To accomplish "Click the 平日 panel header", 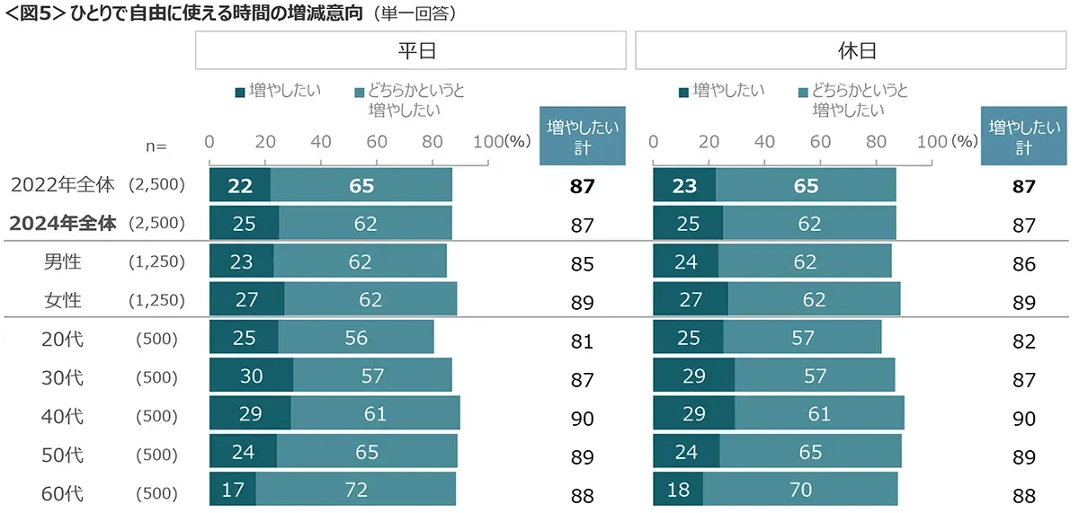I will pos(410,51).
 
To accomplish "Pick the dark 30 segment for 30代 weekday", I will pos(251,376).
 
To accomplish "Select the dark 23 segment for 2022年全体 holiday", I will pos(684,185).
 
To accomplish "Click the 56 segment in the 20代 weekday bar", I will pos(355,338).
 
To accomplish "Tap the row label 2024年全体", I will pos(62,224).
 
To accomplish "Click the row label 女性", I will pos(62,300).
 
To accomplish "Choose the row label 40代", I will pos(62,416).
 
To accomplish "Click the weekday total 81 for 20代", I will pos(582,341).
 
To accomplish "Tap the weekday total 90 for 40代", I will pos(582,419).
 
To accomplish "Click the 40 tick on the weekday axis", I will pos(321,142).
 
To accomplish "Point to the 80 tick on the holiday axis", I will pos(876,142).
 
